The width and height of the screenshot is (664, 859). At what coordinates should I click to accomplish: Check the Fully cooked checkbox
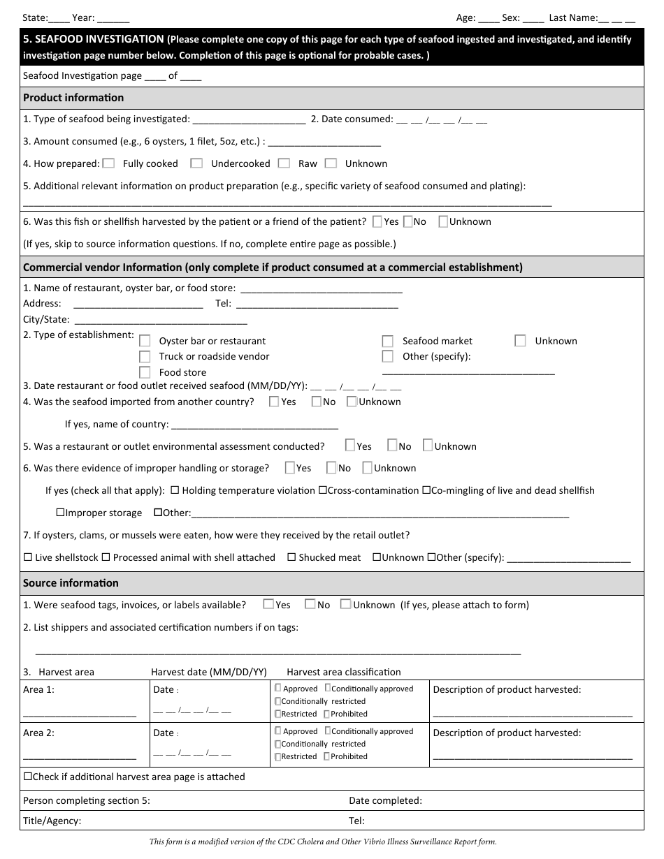tap(108, 163)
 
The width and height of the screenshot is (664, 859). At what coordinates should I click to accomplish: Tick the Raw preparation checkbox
tap(284, 163)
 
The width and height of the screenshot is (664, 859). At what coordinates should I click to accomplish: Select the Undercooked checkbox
tap(197, 163)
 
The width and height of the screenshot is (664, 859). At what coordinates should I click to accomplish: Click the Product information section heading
tap(73, 98)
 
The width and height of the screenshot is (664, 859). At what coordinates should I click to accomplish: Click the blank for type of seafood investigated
tap(248, 120)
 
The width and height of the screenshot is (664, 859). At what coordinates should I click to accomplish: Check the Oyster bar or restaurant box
tap(145, 341)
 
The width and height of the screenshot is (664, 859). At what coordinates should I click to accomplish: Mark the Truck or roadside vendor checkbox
tap(145, 356)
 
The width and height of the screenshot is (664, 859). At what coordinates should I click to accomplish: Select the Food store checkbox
tap(145, 372)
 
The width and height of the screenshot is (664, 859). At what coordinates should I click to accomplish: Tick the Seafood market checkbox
tap(388, 341)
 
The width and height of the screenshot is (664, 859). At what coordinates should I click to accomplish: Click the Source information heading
tap(71, 583)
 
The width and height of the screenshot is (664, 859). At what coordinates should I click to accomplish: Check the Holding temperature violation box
tap(175, 490)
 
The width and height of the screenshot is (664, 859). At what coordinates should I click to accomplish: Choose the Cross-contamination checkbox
tap(323, 490)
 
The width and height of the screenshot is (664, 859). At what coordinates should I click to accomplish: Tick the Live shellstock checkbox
tap(28, 557)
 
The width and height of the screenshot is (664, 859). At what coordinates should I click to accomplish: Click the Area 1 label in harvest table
tap(38, 690)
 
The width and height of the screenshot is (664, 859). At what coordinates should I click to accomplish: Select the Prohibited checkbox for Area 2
tap(326, 756)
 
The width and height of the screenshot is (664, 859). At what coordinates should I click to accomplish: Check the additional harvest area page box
tap(28, 777)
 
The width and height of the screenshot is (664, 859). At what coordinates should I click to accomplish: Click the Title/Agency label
tap(52, 821)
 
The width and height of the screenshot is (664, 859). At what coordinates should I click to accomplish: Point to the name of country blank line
tap(254, 425)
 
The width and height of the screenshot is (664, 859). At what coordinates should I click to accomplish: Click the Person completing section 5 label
tap(86, 801)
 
